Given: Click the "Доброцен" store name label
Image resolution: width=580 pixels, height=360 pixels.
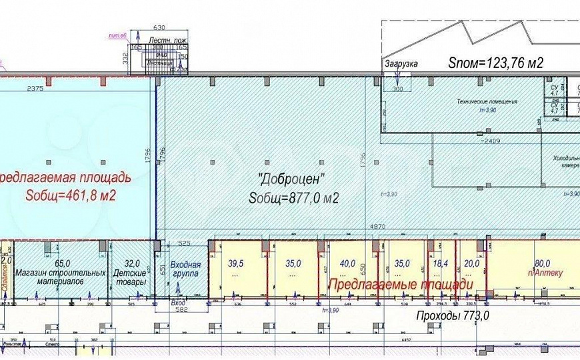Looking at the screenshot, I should (x=291, y=179).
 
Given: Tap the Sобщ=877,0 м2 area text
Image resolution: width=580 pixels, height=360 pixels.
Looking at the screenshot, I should (x=294, y=198).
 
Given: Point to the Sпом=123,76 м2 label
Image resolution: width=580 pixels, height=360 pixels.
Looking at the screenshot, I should (x=496, y=64).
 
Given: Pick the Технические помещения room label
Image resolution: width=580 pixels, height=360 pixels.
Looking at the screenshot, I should (x=487, y=102).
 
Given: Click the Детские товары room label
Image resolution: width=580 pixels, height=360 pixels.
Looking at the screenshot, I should (x=130, y=277).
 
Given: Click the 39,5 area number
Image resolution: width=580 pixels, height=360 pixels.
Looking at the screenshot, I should (x=236, y=263).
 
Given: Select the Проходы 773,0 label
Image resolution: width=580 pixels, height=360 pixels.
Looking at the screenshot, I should (x=453, y=315).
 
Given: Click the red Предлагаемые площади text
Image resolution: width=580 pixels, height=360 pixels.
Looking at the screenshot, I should (x=400, y=284).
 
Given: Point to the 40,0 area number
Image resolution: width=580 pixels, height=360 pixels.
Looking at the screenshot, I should (x=347, y=263).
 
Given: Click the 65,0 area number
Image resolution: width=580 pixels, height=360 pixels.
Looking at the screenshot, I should (x=63, y=263).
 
